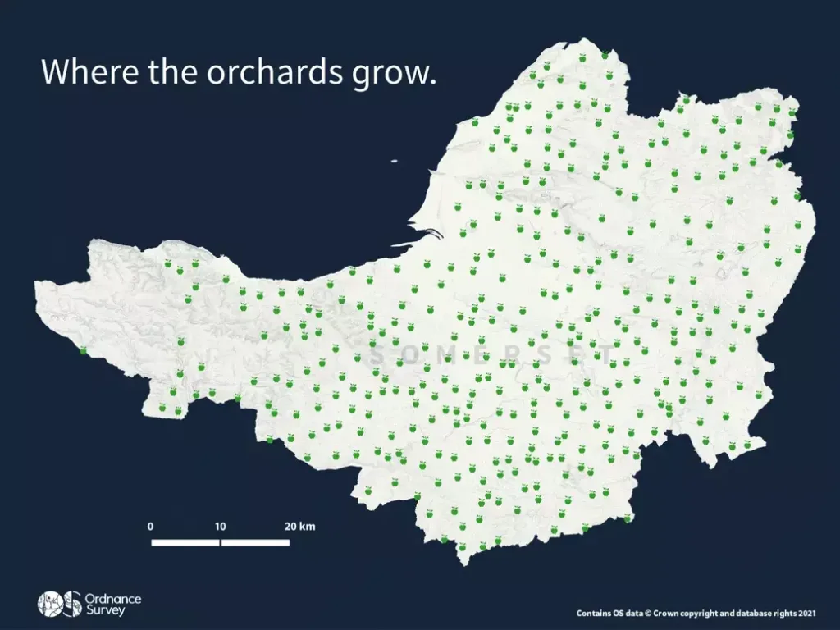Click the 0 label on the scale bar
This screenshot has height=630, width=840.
(x=151, y=526)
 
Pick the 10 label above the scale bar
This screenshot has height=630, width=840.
(x=220, y=526)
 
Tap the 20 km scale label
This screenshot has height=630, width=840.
(x=299, y=526)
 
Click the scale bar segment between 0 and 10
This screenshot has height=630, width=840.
(x=185, y=542)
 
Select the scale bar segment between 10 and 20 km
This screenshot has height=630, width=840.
(x=255, y=542)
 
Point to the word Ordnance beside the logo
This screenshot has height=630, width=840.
(x=113, y=599)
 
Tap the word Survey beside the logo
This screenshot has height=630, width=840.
(x=103, y=611)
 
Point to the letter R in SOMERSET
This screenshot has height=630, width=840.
(x=529, y=357)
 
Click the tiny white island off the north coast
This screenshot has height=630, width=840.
(x=394, y=162)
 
